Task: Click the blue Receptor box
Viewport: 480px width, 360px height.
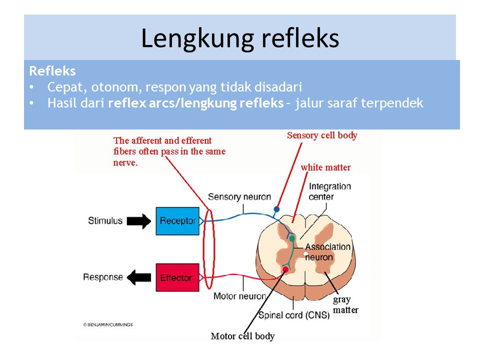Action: [177, 220]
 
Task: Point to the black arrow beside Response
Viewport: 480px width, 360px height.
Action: [140, 277]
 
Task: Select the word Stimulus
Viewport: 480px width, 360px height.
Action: [104, 220]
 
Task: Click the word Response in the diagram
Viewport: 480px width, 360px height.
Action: [103, 277]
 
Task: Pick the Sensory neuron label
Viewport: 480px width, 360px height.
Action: [239, 197]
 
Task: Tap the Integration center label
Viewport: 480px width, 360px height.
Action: [330, 191]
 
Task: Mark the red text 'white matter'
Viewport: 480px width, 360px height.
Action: [325, 167]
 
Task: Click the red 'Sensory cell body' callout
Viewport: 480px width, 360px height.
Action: [322, 135]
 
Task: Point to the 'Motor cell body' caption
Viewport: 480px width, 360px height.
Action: [243, 336]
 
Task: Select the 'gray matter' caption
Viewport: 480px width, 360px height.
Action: [345, 305]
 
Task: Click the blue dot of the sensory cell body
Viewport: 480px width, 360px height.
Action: [276, 208]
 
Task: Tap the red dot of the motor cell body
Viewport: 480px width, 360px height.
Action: [285, 270]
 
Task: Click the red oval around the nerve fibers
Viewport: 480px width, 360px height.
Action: [209, 249]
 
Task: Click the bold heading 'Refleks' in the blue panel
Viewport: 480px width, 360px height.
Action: [52, 70]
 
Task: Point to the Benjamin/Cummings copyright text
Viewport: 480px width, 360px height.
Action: [108, 324]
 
